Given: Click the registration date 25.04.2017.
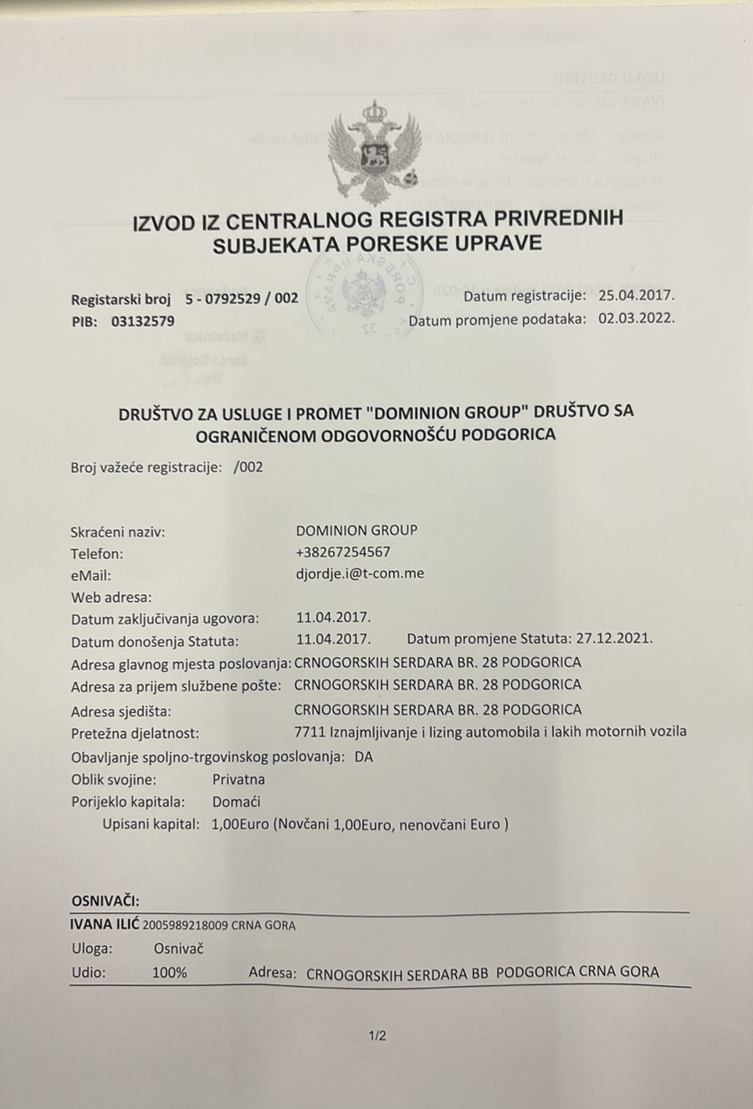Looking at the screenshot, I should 636,295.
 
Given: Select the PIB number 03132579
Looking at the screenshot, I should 142,321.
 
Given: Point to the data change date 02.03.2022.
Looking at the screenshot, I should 636,318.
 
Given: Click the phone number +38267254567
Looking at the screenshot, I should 343,552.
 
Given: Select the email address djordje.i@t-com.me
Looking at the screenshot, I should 360,574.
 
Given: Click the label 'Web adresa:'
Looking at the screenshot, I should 111,598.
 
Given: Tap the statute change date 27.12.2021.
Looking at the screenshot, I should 614,638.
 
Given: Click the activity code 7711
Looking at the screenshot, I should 310,732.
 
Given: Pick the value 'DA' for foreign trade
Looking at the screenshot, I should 364,757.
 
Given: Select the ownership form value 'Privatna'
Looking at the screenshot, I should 238,779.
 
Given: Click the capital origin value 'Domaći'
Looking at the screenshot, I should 237,802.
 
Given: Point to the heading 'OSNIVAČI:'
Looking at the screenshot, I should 105,901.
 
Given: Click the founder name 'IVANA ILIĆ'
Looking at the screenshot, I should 105,925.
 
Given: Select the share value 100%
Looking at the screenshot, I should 170,973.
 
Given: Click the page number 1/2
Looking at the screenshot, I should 377,1036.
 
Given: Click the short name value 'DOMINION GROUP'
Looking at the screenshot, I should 356,530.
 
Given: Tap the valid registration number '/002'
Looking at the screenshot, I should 248,467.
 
